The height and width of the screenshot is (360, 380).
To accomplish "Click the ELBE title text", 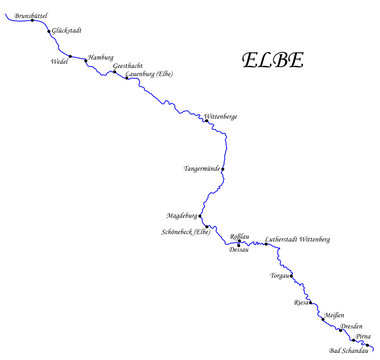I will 272,60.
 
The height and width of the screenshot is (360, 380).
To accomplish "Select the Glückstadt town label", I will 66,31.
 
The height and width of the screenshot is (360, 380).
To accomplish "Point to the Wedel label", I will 59,61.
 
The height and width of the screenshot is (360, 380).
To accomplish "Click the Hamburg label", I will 101,59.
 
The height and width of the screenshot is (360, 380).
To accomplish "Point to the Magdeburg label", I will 183,215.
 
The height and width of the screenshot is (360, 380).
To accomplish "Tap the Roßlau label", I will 239,236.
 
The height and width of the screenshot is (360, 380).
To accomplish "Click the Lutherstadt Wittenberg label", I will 297,240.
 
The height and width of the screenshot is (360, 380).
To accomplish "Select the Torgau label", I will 280,275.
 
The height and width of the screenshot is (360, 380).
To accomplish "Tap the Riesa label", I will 301,301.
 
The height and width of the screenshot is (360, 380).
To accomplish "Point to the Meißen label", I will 335,315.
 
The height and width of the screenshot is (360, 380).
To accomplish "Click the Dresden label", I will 351,327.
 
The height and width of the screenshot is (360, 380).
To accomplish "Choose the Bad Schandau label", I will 349,351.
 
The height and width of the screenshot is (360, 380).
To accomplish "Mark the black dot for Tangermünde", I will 222,169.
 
